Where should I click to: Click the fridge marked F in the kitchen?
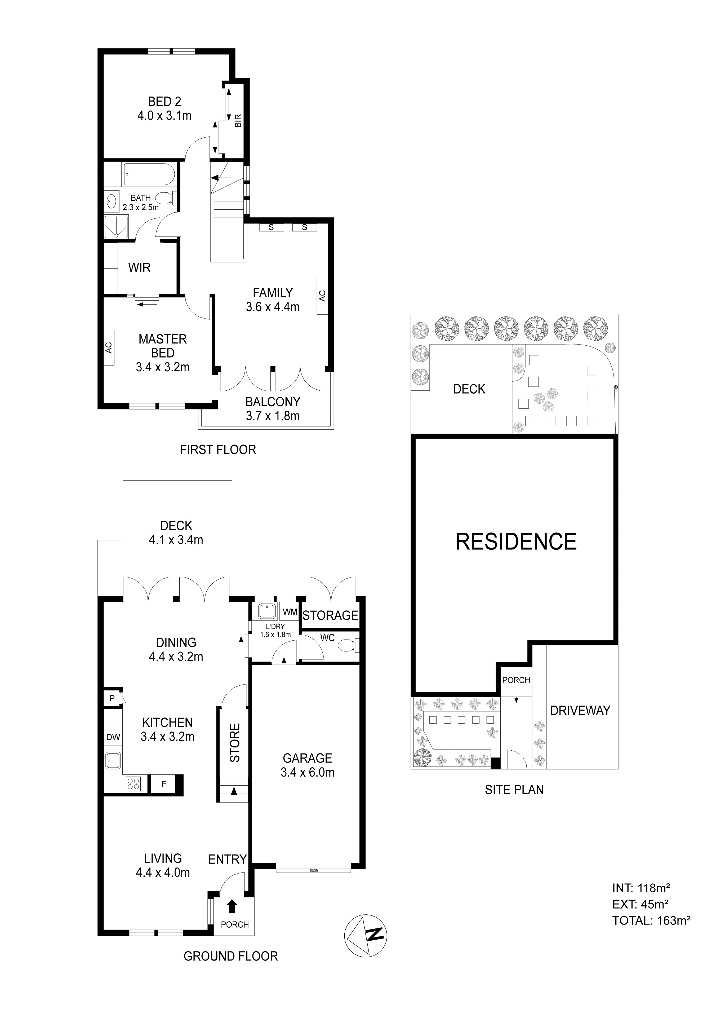pyautogui.click(x=164, y=784)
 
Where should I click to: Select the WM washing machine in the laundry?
pyautogui.click(x=290, y=612)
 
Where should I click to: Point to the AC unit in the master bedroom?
pyautogui.click(x=109, y=348)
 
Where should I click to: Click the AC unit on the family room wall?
pyautogui.click(x=322, y=296)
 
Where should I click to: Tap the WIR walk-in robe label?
pyautogui.click(x=139, y=267)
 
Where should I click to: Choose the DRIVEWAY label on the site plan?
pyautogui.click(x=580, y=711)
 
